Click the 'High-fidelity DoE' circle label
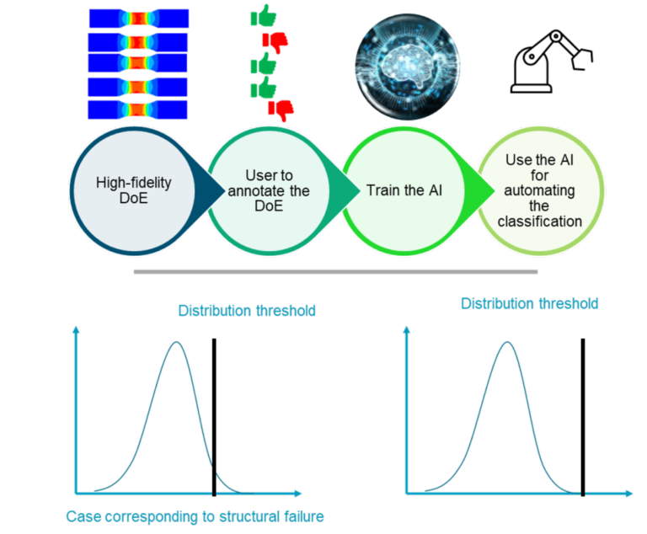point(133,190)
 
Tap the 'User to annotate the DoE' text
point(269,190)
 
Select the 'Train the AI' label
point(404,190)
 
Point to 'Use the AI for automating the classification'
point(540,190)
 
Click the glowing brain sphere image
point(408,67)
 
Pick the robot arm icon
point(552,61)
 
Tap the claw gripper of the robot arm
point(582,59)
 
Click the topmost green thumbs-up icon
point(263,16)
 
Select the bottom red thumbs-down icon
point(281,110)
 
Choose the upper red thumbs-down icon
point(275,42)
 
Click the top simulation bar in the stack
point(139,19)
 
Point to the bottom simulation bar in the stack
point(138,109)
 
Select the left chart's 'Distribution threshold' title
point(247,311)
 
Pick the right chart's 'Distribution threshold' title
point(529,304)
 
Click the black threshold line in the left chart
point(214,417)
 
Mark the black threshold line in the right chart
point(583,417)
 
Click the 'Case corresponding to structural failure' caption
point(195,516)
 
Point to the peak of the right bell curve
point(507,342)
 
